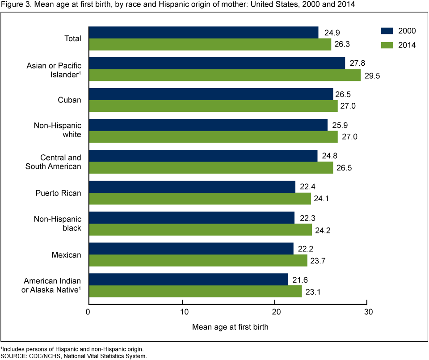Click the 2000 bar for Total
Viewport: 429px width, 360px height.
[203, 32]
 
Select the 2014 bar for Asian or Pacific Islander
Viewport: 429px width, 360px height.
[224, 75]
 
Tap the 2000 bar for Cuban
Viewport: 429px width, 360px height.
[210, 94]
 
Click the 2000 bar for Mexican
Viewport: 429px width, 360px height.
[191, 249]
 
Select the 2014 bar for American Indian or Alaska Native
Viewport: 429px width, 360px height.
[195, 292]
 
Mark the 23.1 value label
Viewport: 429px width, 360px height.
[314, 292]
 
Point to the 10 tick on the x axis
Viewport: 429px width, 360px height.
[183, 311]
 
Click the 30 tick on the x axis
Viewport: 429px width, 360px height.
[366, 311]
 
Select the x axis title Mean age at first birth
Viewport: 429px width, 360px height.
[230, 327]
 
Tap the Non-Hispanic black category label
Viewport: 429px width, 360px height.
[58, 224]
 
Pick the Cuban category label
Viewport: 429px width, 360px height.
[71, 100]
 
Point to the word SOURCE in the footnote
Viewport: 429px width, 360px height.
[14, 356]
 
